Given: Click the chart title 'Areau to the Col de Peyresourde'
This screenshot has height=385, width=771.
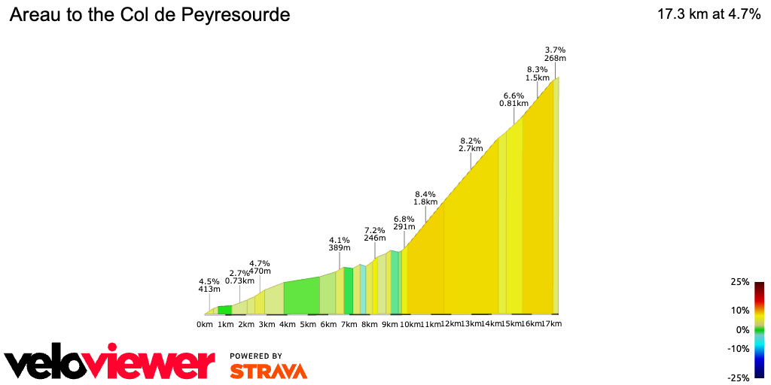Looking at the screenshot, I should click(x=149, y=15).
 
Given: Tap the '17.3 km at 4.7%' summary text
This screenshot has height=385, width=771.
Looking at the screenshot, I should click(x=709, y=15).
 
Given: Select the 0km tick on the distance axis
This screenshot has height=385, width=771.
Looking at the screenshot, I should click(x=205, y=324).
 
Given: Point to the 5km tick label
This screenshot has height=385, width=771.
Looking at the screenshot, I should click(x=307, y=324).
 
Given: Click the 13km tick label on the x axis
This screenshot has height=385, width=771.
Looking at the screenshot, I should click(x=471, y=324).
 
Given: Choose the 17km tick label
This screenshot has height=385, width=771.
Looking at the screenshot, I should click(x=552, y=324).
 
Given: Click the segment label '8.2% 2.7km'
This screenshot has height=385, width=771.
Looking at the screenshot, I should click(x=470, y=144).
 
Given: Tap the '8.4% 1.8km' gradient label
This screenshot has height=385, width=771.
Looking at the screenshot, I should click(x=425, y=198).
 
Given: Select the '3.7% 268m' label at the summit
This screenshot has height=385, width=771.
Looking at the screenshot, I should click(x=556, y=53).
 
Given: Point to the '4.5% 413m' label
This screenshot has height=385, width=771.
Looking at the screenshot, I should click(x=209, y=285).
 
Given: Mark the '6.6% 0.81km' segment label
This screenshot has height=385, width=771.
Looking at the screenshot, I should click(x=513, y=99).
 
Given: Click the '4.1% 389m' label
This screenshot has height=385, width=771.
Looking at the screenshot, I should click(x=340, y=244).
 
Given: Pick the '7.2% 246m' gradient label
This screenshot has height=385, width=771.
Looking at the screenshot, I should click(x=375, y=234).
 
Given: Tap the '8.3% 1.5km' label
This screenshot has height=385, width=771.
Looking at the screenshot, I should click(x=537, y=74).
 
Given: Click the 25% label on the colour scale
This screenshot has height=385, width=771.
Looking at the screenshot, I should click(x=740, y=282).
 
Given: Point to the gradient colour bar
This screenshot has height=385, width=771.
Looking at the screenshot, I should click(x=759, y=329).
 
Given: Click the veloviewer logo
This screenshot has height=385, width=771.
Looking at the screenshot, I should click(x=109, y=363).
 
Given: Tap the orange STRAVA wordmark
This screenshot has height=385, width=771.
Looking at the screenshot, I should click(x=268, y=371).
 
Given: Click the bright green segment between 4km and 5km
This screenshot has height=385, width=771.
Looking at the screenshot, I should click(x=301, y=297).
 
